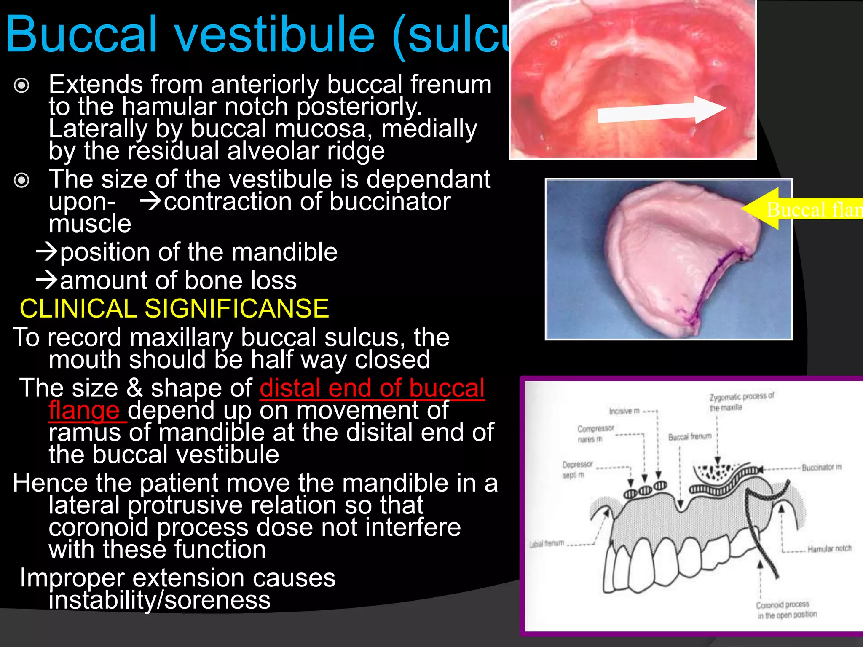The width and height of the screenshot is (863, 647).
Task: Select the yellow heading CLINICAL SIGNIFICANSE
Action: tap(174, 308)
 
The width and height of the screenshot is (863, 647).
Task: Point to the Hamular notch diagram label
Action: tap(829, 548)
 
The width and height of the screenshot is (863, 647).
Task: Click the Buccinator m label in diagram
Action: tap(821, 467)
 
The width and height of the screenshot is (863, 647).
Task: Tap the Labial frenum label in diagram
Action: tap(547, 543)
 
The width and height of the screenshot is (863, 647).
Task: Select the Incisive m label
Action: tap(624, 411)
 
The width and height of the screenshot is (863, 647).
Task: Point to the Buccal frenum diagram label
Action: tap(689, 437)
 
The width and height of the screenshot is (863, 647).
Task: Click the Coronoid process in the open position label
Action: tap(786, 610)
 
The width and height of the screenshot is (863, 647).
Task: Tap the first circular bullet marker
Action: tap(21, 86)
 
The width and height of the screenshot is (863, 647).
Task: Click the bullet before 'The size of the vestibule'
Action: tap(21, 181)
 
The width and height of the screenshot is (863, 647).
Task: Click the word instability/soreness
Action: tap(159, 600)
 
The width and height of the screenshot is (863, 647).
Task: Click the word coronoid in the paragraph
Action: tap(98, 527)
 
